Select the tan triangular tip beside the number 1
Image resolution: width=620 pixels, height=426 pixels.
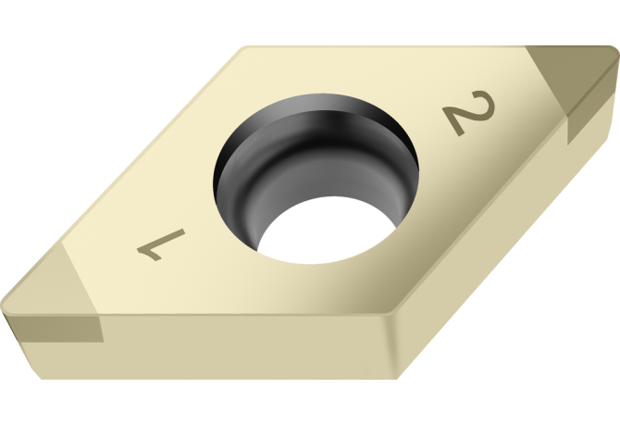click(46, 282)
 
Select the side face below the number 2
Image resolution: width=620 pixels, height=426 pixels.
click(481, 241)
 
